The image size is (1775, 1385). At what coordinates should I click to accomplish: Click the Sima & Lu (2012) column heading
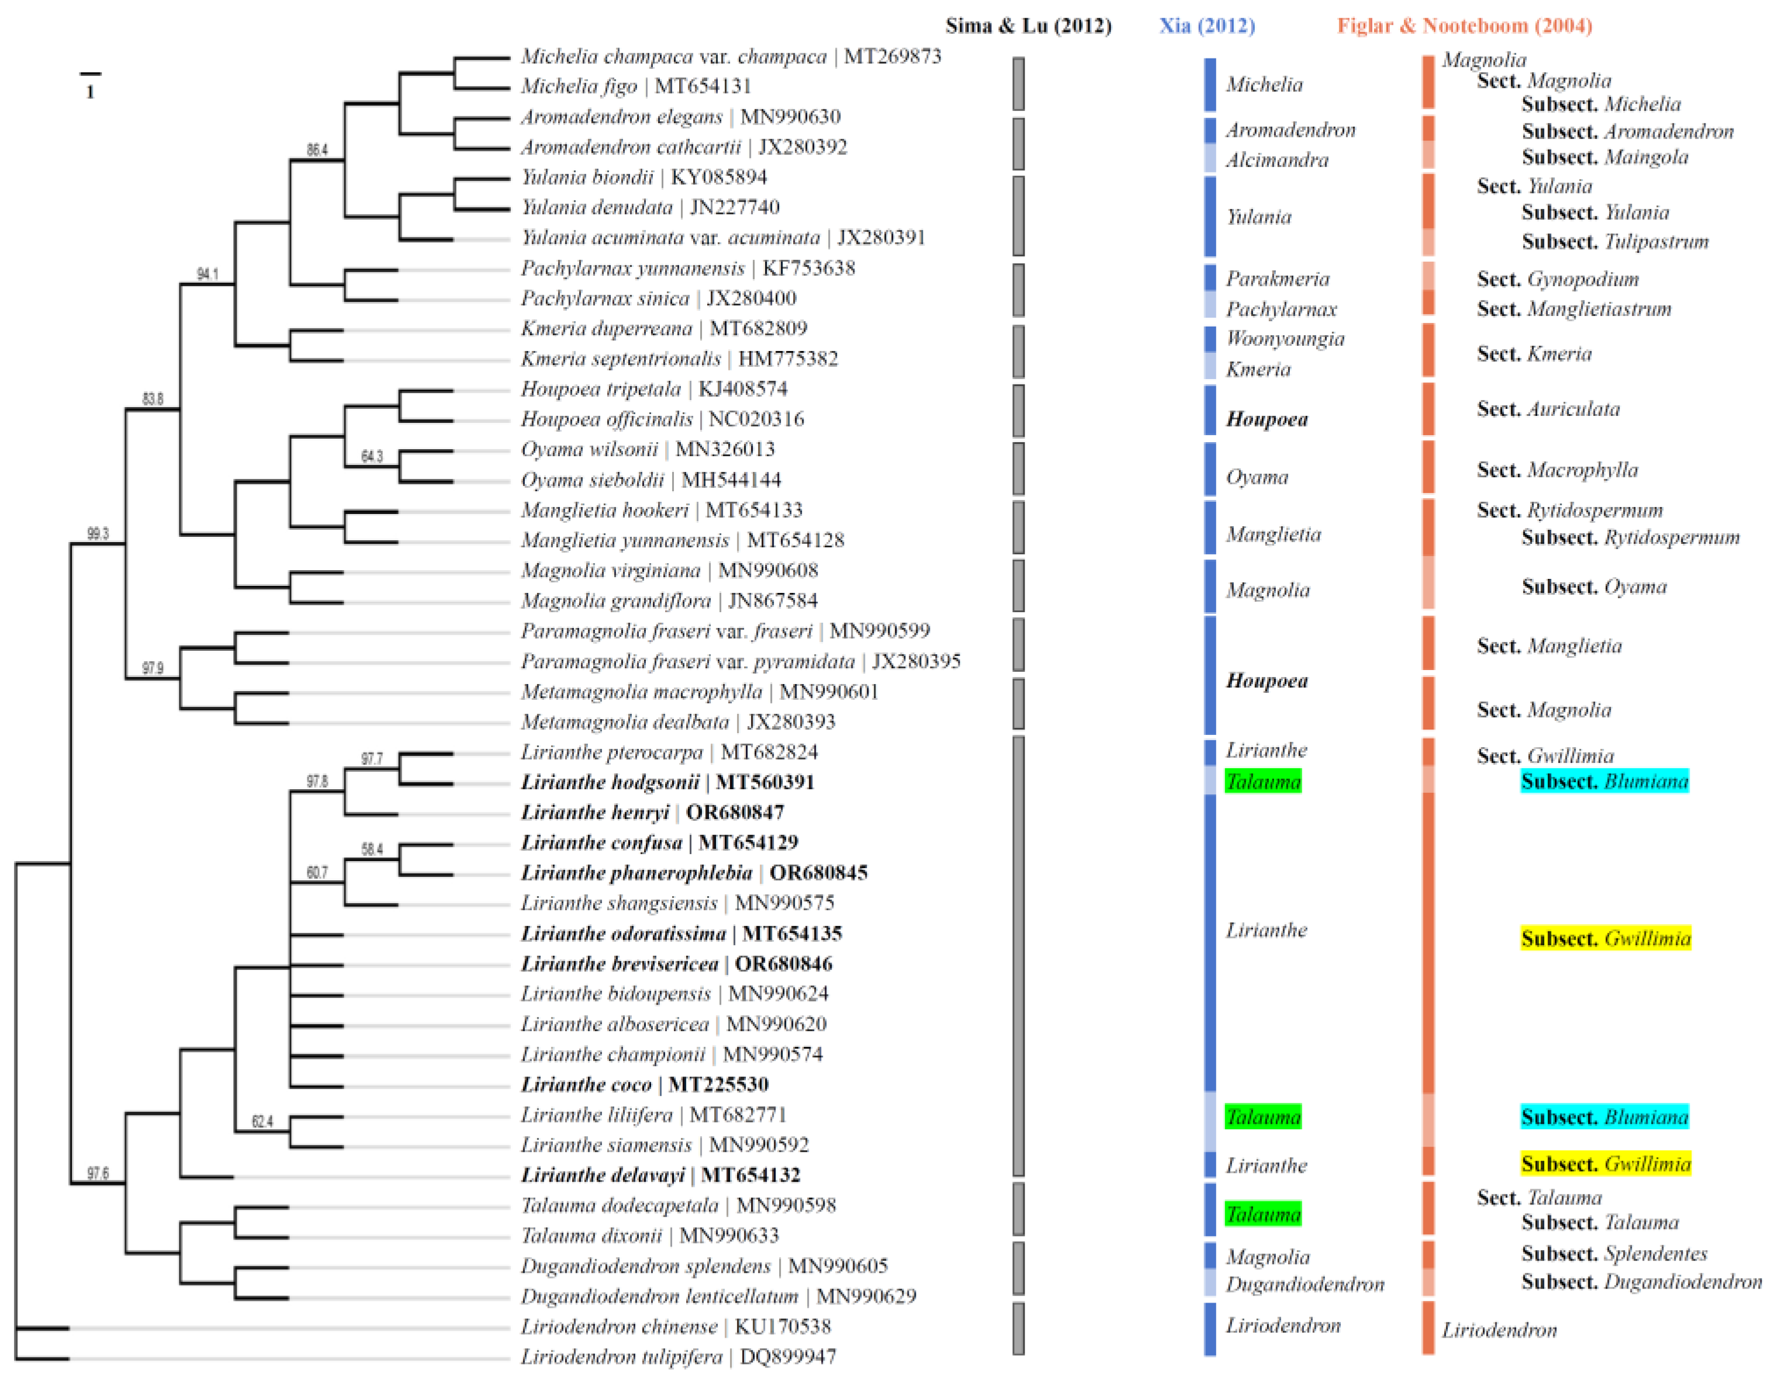tap(1028, 26)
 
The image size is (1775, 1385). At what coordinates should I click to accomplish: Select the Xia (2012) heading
tap(1207, 26)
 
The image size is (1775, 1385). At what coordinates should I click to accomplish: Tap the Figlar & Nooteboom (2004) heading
tap(1465, 26)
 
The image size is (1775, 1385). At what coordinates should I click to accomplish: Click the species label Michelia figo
tap(579, 86)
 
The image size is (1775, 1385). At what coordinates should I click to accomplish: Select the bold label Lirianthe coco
tap(586, 1084)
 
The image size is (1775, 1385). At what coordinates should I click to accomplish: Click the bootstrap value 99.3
tap(98, 534)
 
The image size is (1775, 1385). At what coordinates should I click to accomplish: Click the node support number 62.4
tap(262, 1122)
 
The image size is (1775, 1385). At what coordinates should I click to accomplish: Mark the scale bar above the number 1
tap(90, 75)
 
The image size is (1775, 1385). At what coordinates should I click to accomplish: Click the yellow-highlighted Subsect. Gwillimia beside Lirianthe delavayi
tap(1605, 1164)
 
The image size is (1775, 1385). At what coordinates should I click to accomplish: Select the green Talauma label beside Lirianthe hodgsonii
tap(1263, 782)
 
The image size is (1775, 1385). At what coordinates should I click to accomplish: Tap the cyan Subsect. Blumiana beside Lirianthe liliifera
tap(1604, 1117)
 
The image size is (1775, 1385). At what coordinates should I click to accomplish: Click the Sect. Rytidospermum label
tap(1569, 510)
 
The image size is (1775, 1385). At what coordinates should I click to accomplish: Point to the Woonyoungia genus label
tap(1285, 339)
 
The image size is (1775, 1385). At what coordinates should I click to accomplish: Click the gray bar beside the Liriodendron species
tap(1018, 1329)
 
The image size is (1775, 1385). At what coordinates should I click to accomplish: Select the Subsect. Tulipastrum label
tap(1615, 242)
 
